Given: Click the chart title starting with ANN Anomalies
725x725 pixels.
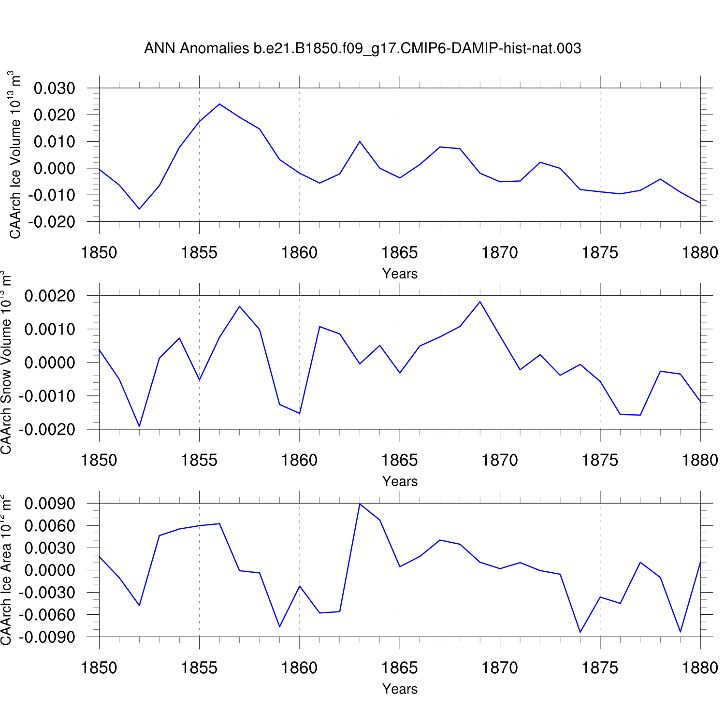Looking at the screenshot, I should pyautogui.click(x=362, y=48).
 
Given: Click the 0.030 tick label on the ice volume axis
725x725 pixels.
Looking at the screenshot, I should pyautogui.click(x=55, y=88).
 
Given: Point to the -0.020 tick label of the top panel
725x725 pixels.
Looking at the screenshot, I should pyautogui.click(x=52, y=222).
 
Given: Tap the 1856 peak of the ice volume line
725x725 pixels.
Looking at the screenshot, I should pyautogui.click(x=219, y=104).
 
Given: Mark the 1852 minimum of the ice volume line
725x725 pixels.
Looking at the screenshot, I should pyautogui.click(x=139, y=209).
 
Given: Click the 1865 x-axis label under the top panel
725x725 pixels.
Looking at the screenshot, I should pyautogui.click(x=400, y=252).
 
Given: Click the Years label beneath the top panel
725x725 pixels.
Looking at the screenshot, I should pyautogui.click(x=400, y=274).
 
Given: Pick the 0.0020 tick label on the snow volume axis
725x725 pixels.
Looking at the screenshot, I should pyautogui.click(x=50, y=296).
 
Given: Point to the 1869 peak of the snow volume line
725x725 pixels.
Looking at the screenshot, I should pyautogui.click(x=480, y=302).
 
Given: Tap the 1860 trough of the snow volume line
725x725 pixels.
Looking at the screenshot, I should pyautogui.click(x=300, y=413).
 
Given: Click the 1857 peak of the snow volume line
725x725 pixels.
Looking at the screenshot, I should pyautogui.click(x=240, y=306).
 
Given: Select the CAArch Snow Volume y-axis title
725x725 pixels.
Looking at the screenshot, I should pyautogui.click(x=7, y=362).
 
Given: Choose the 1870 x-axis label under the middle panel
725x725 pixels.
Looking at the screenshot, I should pyautogui.click(x=500, y=460).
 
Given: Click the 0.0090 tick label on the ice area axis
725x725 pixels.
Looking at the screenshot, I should pyautogui.click(x=50, y=504).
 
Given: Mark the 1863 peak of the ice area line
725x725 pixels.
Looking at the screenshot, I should pyautogui.click(x=360, y=504).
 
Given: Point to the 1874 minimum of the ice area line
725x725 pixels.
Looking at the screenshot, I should pyautogui.click(x=580, y=632).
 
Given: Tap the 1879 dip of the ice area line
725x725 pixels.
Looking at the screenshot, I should pyautogui.click(x=681, y=632).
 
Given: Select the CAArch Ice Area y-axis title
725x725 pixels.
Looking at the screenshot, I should pyautogui.click(x=7, y=570).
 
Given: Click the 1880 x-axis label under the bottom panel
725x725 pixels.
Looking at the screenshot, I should pyautogui.click(x=700, y=668).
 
